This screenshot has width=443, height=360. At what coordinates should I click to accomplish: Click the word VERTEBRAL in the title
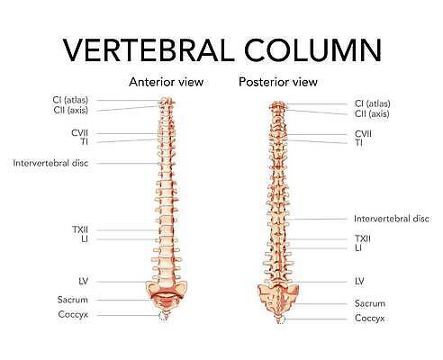tap(149, 49)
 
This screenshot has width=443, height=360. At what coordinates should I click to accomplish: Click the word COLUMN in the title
tap(312, 49)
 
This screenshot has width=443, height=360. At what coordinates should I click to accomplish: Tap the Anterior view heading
tap(166, 82)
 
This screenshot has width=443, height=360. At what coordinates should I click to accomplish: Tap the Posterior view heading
tap(278, 82)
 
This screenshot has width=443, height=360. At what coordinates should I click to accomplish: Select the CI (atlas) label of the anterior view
tap(70, 100)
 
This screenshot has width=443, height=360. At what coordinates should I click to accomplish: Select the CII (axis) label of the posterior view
tap(372, 114)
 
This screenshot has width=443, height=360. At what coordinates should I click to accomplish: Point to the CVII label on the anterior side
tap(79, 133)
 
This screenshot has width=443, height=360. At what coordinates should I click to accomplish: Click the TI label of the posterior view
tap(358, 142)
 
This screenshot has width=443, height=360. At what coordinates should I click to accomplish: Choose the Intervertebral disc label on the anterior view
tap(50, 163)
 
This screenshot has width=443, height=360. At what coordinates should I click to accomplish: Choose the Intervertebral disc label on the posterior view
tap(392, 219)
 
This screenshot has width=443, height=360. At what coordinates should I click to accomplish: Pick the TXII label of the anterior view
tap(80, 229)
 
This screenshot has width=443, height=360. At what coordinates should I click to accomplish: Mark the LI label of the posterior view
tap(358, 248)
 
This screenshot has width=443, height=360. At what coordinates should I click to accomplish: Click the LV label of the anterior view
tap(84, 282)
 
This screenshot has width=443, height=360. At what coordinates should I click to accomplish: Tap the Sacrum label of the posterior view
tap(370, 303)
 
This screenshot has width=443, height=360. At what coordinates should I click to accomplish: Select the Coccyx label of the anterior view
tap(73, 314)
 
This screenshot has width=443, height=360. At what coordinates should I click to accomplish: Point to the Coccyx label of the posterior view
tap(369, 318)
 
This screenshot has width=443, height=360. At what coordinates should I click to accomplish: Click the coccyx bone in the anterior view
tap(164, 316)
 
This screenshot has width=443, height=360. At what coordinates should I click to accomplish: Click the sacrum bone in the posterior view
tap(278, 300)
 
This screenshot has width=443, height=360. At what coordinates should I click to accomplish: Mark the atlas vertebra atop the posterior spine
tap(277, 105)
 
